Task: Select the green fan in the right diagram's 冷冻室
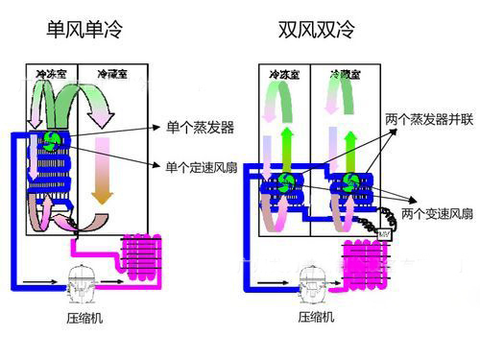point(285,183)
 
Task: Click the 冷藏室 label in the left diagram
point(115,73)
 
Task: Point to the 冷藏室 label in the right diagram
point(344,73)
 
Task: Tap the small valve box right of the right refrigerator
point(385,233)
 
